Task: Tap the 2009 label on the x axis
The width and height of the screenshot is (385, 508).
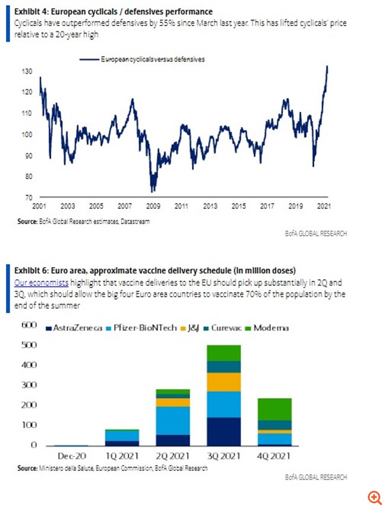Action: click(x=153, y=206)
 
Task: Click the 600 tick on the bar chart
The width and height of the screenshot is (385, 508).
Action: click(x=28, y=325)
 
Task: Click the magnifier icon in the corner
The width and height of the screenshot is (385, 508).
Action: click(x=373, y=497)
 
